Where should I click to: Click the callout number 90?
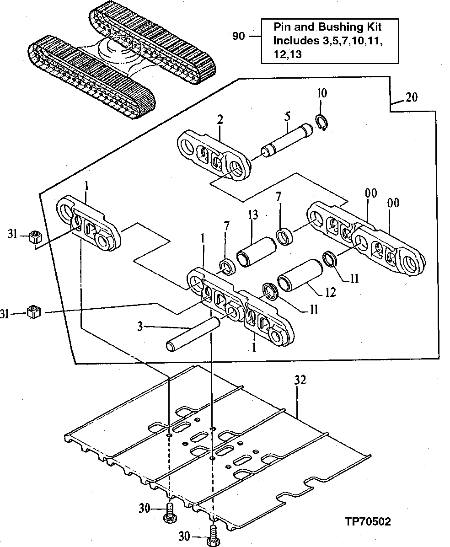[x=238, y=36]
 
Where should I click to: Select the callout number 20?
[x=411, y=97]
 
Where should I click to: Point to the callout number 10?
[x=321, y=94]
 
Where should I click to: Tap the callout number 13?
[x=253, y=215]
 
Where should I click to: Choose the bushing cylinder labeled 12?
[x=300, y=275]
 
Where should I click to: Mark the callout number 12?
[x=330, y=291]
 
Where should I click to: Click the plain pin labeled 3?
[x=193, y=333]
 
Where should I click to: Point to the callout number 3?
[x=140, y=326]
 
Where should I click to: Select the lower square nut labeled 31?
[x=34, y=312]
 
